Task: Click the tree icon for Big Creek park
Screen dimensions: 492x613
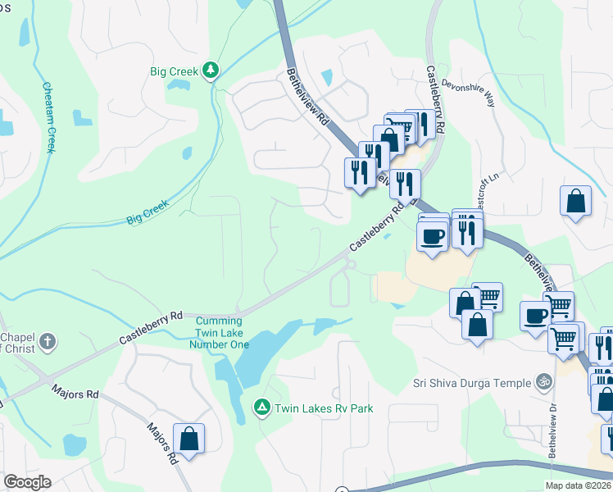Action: click(x=211, y=71)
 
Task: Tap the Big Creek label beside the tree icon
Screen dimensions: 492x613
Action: click(x=174, y=72)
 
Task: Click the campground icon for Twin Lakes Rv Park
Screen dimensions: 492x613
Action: click(x=261, y=406)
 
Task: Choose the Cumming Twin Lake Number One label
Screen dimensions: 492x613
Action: click(x=219, y=333)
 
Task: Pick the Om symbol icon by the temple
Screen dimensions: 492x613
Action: click(x=542, y=381)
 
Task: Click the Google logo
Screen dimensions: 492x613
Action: click(x=27, y=482)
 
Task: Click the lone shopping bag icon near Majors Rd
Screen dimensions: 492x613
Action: click(x=189, y=438)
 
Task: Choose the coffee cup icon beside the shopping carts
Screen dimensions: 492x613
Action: click(x=536, y=316)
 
